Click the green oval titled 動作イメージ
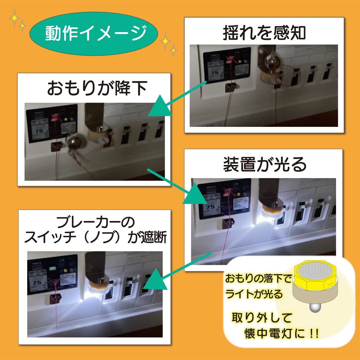(94, 33)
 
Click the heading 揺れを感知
(264, 33)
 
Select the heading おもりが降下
(97, 88)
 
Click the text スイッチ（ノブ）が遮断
(95, 238)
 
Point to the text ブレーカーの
(95, 222)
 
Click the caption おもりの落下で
(258, 279)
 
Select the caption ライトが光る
(254, 294)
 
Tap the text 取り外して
(262, 318)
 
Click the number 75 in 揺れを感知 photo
(215, 73)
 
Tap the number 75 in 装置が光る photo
(210, 207)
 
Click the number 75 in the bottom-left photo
(37, 283)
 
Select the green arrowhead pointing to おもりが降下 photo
(159, 107)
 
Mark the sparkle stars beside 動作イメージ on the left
(17, 21)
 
